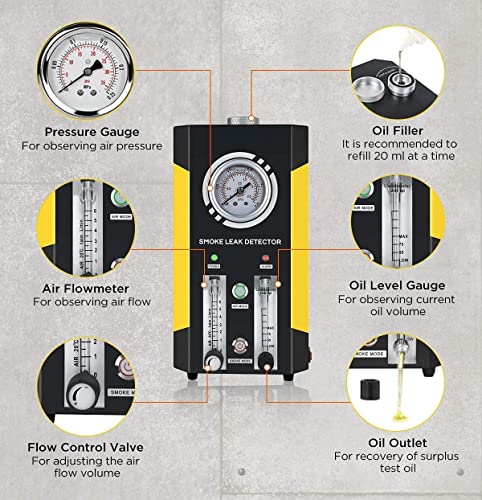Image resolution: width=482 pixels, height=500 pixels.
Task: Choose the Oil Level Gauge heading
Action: [x=395, y=285]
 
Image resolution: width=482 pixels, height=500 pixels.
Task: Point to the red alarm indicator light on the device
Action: [x=265, y=265]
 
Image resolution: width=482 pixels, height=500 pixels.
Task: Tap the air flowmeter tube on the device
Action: [x=213, y=310]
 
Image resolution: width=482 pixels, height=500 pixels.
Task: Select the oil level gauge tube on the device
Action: [x=267, y=315]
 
